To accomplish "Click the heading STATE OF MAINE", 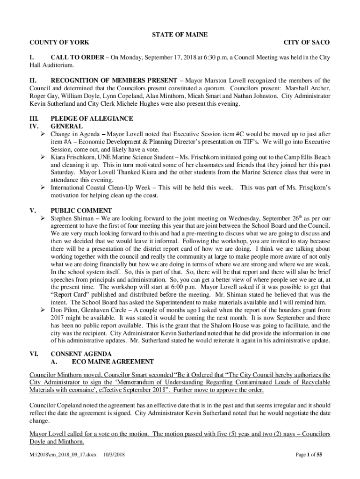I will point(180,35).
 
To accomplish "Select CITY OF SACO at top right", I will point(307,43).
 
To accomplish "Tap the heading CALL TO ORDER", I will point(73,58).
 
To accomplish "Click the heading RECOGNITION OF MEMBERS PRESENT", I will point(114,80).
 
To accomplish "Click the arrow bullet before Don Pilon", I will point(43,310).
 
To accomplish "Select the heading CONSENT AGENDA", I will point(81,354).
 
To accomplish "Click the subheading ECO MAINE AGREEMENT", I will point(113,362).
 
